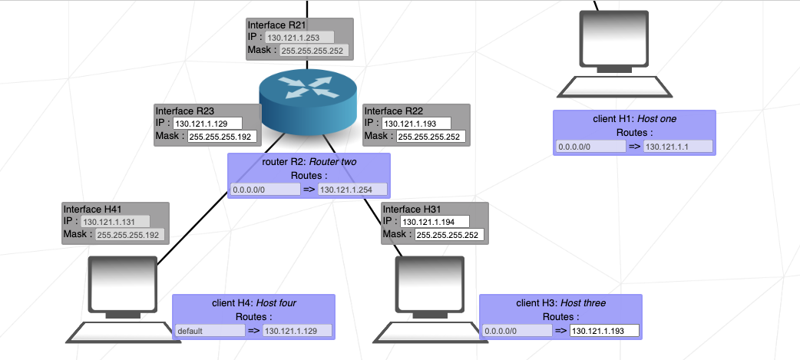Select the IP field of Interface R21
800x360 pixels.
pyautogui.click(x=299, y=37)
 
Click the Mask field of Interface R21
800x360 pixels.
pyautogui.click(x=313, y=51)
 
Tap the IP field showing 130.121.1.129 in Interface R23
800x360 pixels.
pyautogui.click(x=207, y=123)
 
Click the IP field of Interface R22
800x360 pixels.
pyautogui.click(x=416, y=123)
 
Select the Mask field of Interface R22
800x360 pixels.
pyautogui.click(x=431, y=137)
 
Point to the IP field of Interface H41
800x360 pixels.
pyautogui.click(x=115, y=221)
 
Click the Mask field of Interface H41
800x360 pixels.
pyautogui.click(x=129, y=236)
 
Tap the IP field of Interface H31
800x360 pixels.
pyautogui.click(x=435, y=221)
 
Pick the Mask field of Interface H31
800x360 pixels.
pyautogui.click(x=449, y=235)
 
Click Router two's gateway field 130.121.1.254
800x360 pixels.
pyautogui.click(x=352, y=190)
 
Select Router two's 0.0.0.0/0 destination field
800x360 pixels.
pyautogui.click(x=265, y=190)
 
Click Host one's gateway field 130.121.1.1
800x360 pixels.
pyautogui.click(x=678, y=147)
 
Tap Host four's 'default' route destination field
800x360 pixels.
pyautogui.click(x=209, y=331)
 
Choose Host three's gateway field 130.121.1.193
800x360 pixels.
pyautogui.click(x=604, y=331)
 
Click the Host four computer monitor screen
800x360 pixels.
pyautogui.click(x=123, y=281)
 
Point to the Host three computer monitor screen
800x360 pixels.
pyautogui.click(x=430, y=281)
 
